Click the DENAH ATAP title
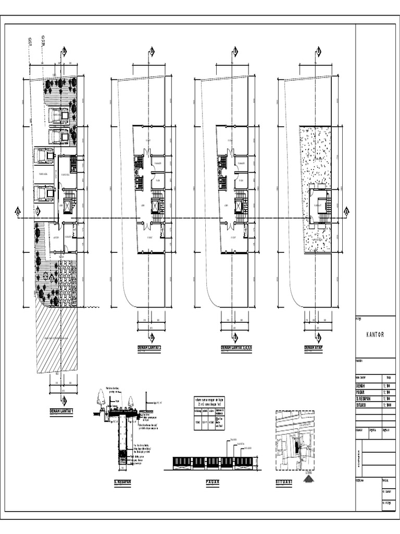pyautogui.click(x=314, y=347)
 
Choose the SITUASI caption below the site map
pyautogui.click(x=284, y=483)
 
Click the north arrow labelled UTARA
pyautogui.click(x=309, y=477)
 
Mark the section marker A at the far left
pyautogui.click(x=17, y=211)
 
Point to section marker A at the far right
pyautogui.click(x=346, y=211)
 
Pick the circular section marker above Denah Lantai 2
pyautogui.click(x=152, y=51)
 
